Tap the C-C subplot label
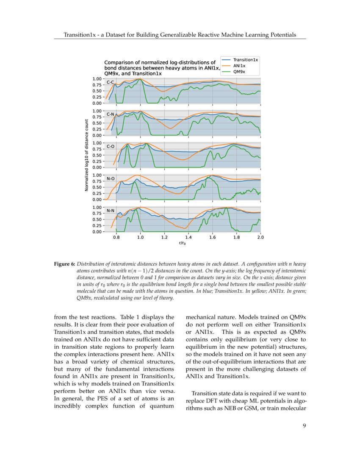click(111, 82)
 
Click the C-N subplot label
click(111, 114)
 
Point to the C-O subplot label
click(111, 147)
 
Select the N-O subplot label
click(111, 179)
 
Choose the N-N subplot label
click(111, 211)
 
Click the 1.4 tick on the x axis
click(188, 238)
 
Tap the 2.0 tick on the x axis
click(260, 238)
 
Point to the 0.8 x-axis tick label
click(116, 238)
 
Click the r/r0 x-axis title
click(183, 244)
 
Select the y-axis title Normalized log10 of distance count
click(86, 155)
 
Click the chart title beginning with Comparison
click(161, 68)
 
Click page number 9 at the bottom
click(304, 426)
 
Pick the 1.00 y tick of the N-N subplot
click(97, 207)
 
